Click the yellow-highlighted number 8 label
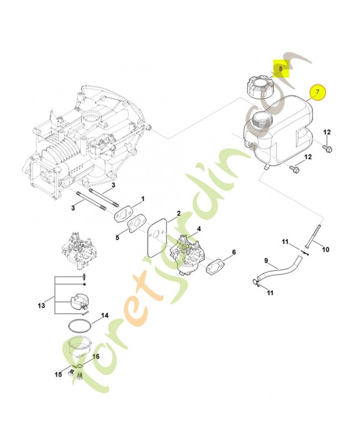tap(280, 69)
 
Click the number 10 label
tap(325, 250)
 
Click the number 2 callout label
tap(178, 213)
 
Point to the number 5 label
tap(117, 238)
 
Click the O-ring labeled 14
tap(81, 325)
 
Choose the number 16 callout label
tap(96, 357)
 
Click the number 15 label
tap(59, 375)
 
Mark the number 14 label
tap(104, 316)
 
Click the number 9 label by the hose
tap(266, 261)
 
